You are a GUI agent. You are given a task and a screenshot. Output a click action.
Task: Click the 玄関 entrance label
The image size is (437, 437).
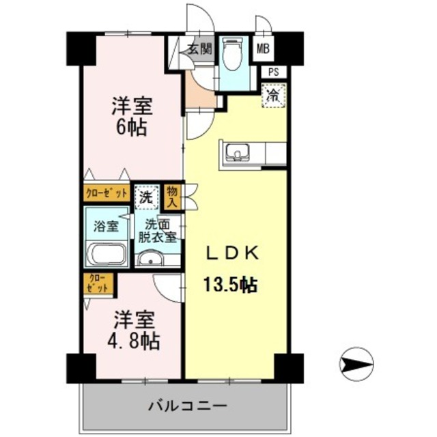click(x=199, y=48)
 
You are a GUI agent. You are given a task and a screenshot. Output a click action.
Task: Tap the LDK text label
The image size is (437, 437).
click(x=233, y=253)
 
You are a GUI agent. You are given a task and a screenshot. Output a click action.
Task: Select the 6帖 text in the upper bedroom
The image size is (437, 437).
click(x=131, y=127)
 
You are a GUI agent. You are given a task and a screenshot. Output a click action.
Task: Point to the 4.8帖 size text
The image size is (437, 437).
click(x=131, y=339)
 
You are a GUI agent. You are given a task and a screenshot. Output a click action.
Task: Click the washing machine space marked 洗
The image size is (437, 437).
click(x=145, y=198)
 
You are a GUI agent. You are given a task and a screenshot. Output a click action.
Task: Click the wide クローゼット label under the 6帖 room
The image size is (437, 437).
click(x=107, y=193)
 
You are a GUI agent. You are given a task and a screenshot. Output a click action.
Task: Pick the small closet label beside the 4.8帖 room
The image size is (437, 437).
click(x=99, y=283)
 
